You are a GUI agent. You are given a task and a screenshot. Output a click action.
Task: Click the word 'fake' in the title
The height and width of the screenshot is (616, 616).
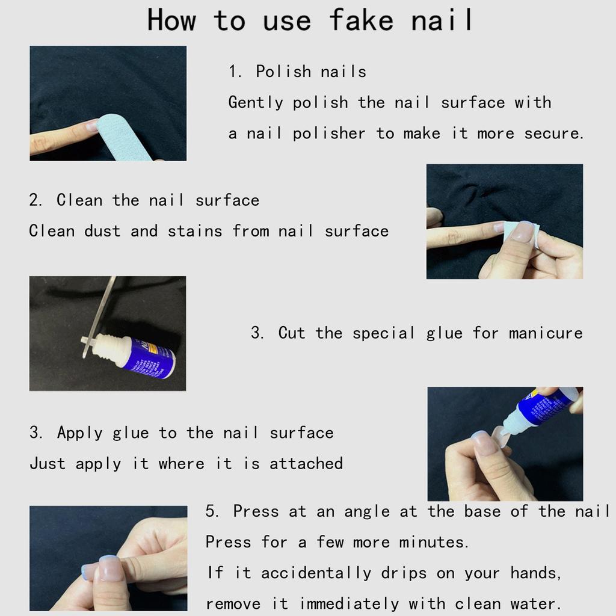(360, 20)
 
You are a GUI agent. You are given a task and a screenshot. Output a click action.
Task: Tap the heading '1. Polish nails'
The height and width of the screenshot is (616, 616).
(297, 72)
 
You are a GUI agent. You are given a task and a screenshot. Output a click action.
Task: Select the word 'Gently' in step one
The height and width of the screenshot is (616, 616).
(256, 103)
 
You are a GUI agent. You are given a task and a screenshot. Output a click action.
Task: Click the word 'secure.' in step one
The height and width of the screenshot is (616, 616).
(554, 134)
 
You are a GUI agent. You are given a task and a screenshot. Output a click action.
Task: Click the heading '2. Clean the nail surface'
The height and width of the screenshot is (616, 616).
(144, 200)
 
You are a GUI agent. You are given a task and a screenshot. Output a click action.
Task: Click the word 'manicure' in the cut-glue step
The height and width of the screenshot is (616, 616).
(545, 333)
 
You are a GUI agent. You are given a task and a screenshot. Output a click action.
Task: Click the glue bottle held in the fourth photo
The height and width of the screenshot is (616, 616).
(541, 409)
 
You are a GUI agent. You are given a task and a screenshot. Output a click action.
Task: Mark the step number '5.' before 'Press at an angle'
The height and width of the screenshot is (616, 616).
(213, 512)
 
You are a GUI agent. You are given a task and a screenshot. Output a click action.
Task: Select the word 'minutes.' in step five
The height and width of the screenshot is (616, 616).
(434, 543)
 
